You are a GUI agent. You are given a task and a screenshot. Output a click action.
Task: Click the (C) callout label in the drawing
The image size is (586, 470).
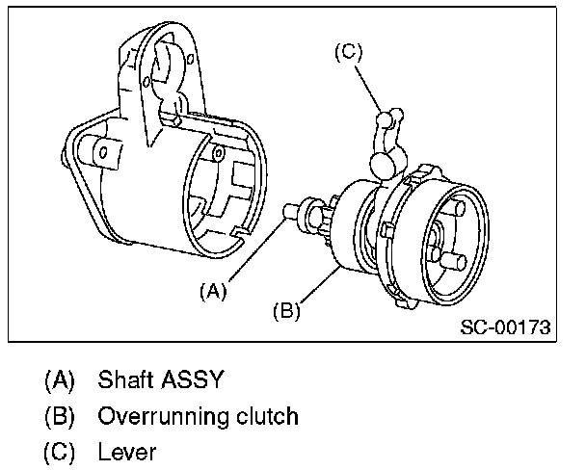[348, 54]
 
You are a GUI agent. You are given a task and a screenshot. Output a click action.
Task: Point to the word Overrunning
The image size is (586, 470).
[160, 417]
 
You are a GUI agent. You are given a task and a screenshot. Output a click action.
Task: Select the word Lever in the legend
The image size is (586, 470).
[127, 452]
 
